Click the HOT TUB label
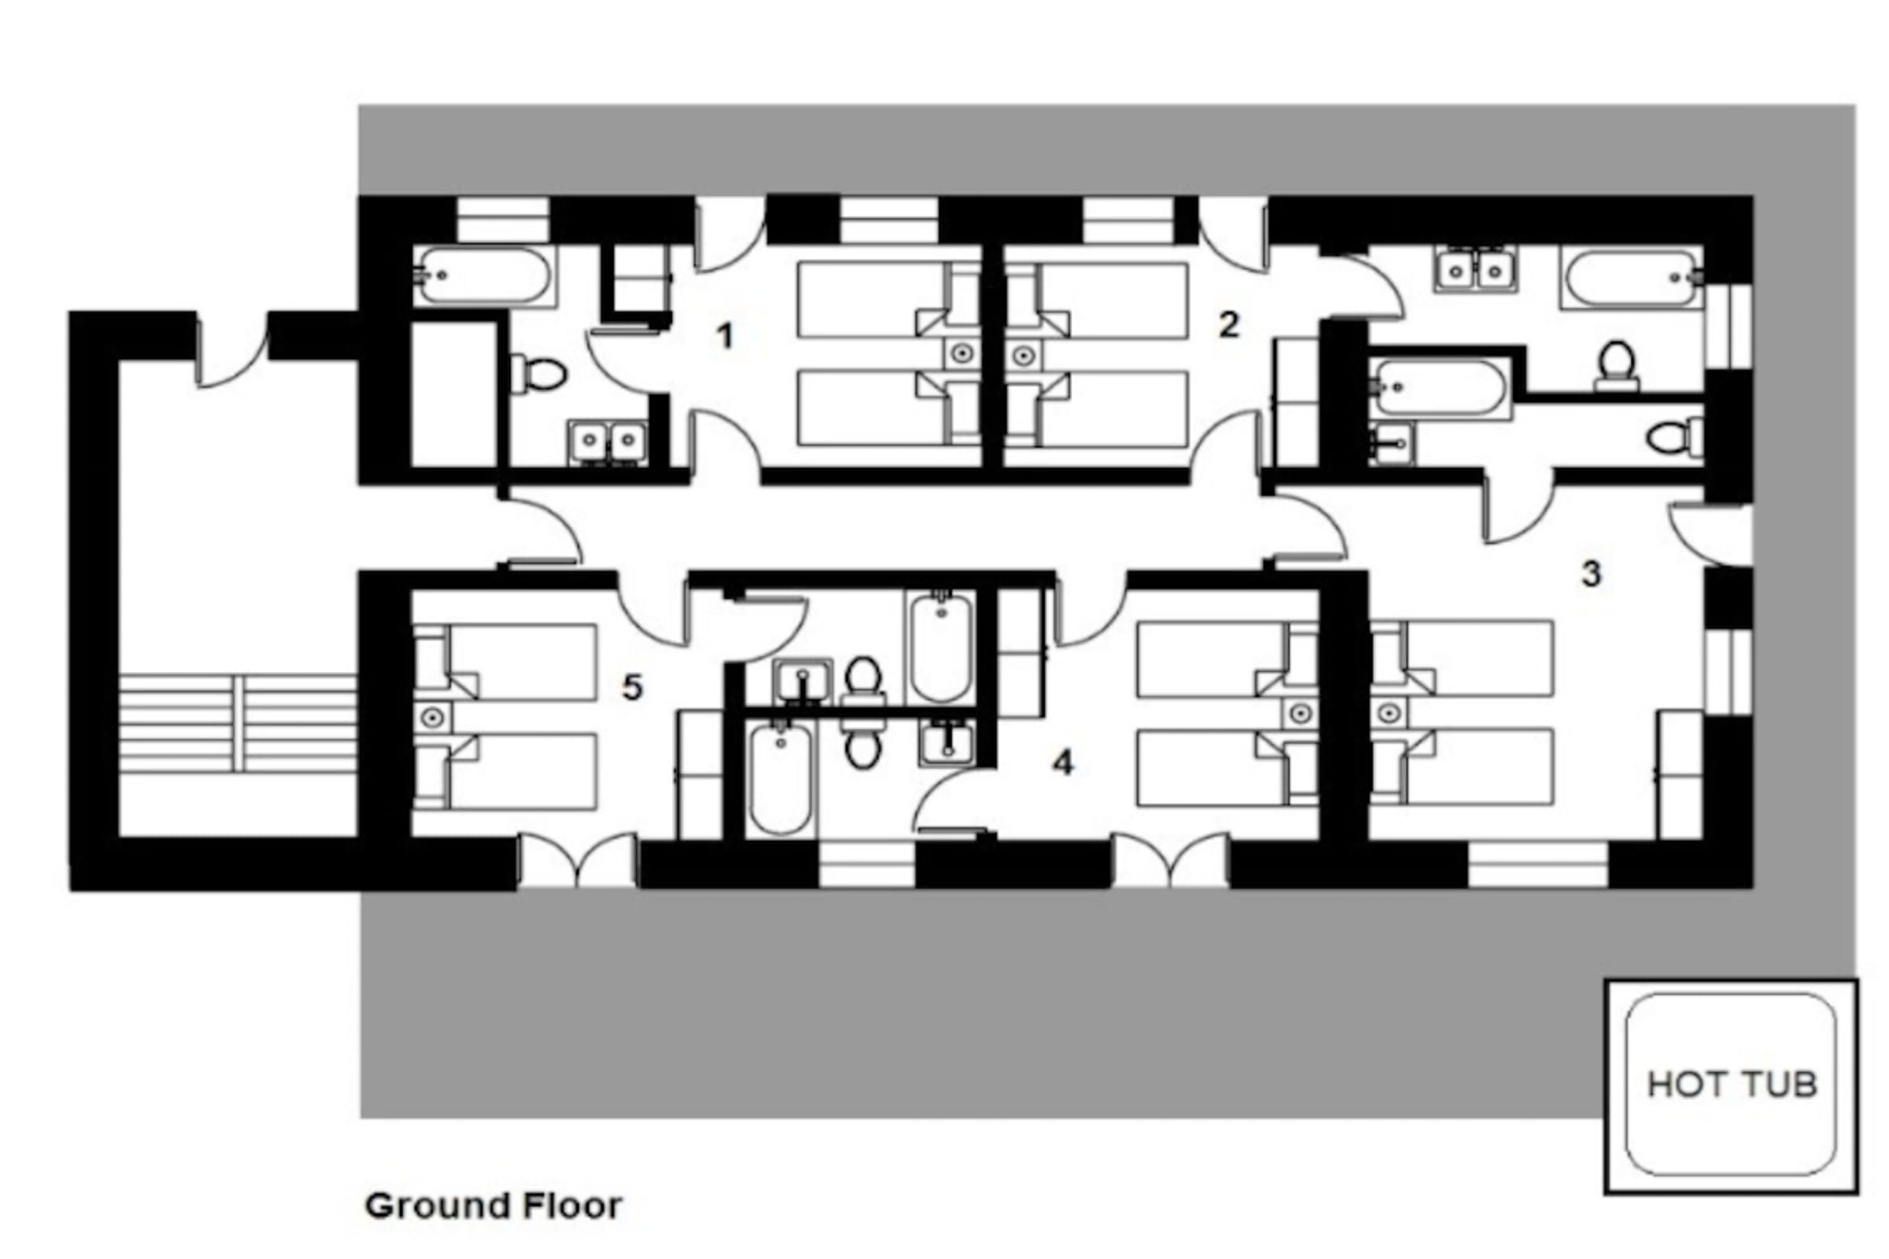[x=1732, y=1085]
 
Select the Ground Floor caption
[x=494, y=1205]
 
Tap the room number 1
[x=725, y=336]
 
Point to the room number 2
[x=1228, y=325]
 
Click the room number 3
[x=1591, y=574]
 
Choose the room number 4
[x=1063, y=762]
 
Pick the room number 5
[x=633, y=687]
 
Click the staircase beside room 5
[x=238, y=723]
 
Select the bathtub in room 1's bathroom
[x=484, y=275]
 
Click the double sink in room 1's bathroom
[x=608, y=441]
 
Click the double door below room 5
[x=579, y=860]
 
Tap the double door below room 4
[x=1171, y=860]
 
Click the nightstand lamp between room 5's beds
[x=432, y=716]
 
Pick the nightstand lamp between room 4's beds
[x=1301, y=713]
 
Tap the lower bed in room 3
[x=1462, y=766]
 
